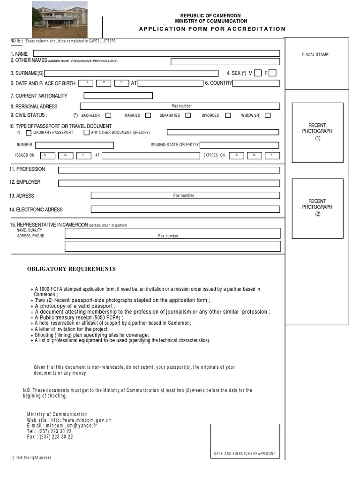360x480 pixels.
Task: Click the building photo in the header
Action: coord(60,19)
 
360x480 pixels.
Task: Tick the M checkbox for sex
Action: coord(258,73)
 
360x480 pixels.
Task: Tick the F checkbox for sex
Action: coord(273,73)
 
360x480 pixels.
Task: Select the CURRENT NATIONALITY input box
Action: coord(118,96)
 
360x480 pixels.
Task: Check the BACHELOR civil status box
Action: coord(108,115)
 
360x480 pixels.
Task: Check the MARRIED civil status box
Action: coord(148,115)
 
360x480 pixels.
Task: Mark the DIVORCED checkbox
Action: coord(228,115)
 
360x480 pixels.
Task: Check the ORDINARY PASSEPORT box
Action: coord(29,133)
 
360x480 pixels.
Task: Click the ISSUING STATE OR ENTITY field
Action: coord(239,145)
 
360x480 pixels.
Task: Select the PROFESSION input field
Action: coord(169,170)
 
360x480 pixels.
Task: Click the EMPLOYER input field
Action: coord(169,183)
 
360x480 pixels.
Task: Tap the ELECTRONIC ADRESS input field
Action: coord(185,210)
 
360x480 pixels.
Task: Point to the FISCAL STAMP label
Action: coord(315,55)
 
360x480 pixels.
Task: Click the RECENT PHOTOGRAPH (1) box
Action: coord(317,133)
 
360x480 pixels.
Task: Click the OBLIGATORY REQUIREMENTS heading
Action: coord(71,269)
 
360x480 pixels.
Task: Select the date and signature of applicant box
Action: coord(245,441)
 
